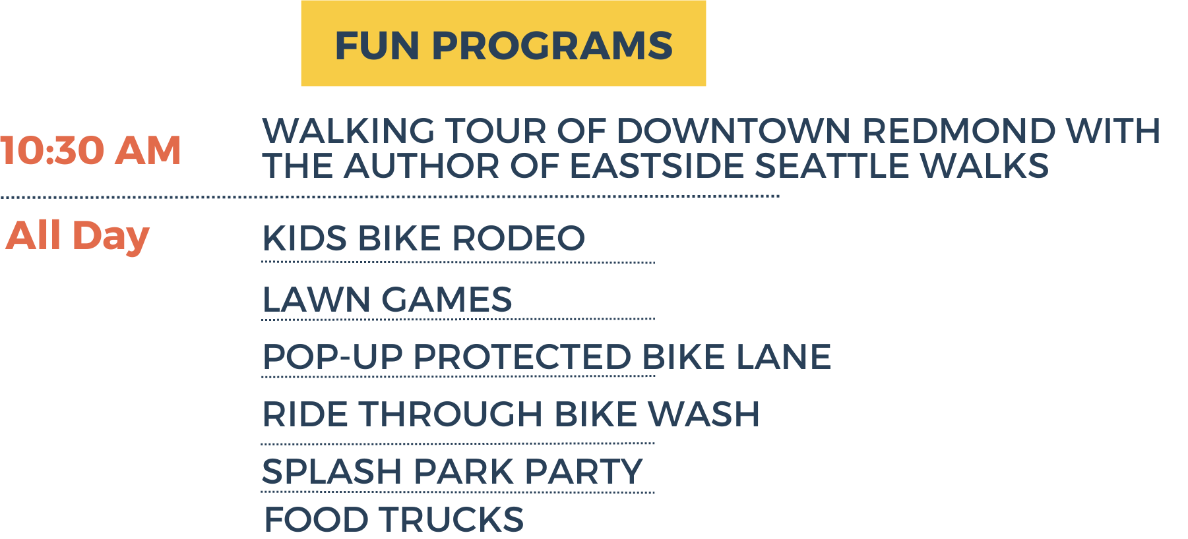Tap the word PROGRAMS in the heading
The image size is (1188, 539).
coord(552,45)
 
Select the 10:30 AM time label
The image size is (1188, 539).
coord(90,150)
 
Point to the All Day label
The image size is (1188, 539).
coord(78,236)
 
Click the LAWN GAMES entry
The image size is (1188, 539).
coord(387,300)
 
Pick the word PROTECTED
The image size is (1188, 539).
coord(522,357)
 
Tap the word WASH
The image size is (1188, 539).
coord(704,414)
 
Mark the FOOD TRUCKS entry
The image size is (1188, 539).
coord(394,519)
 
